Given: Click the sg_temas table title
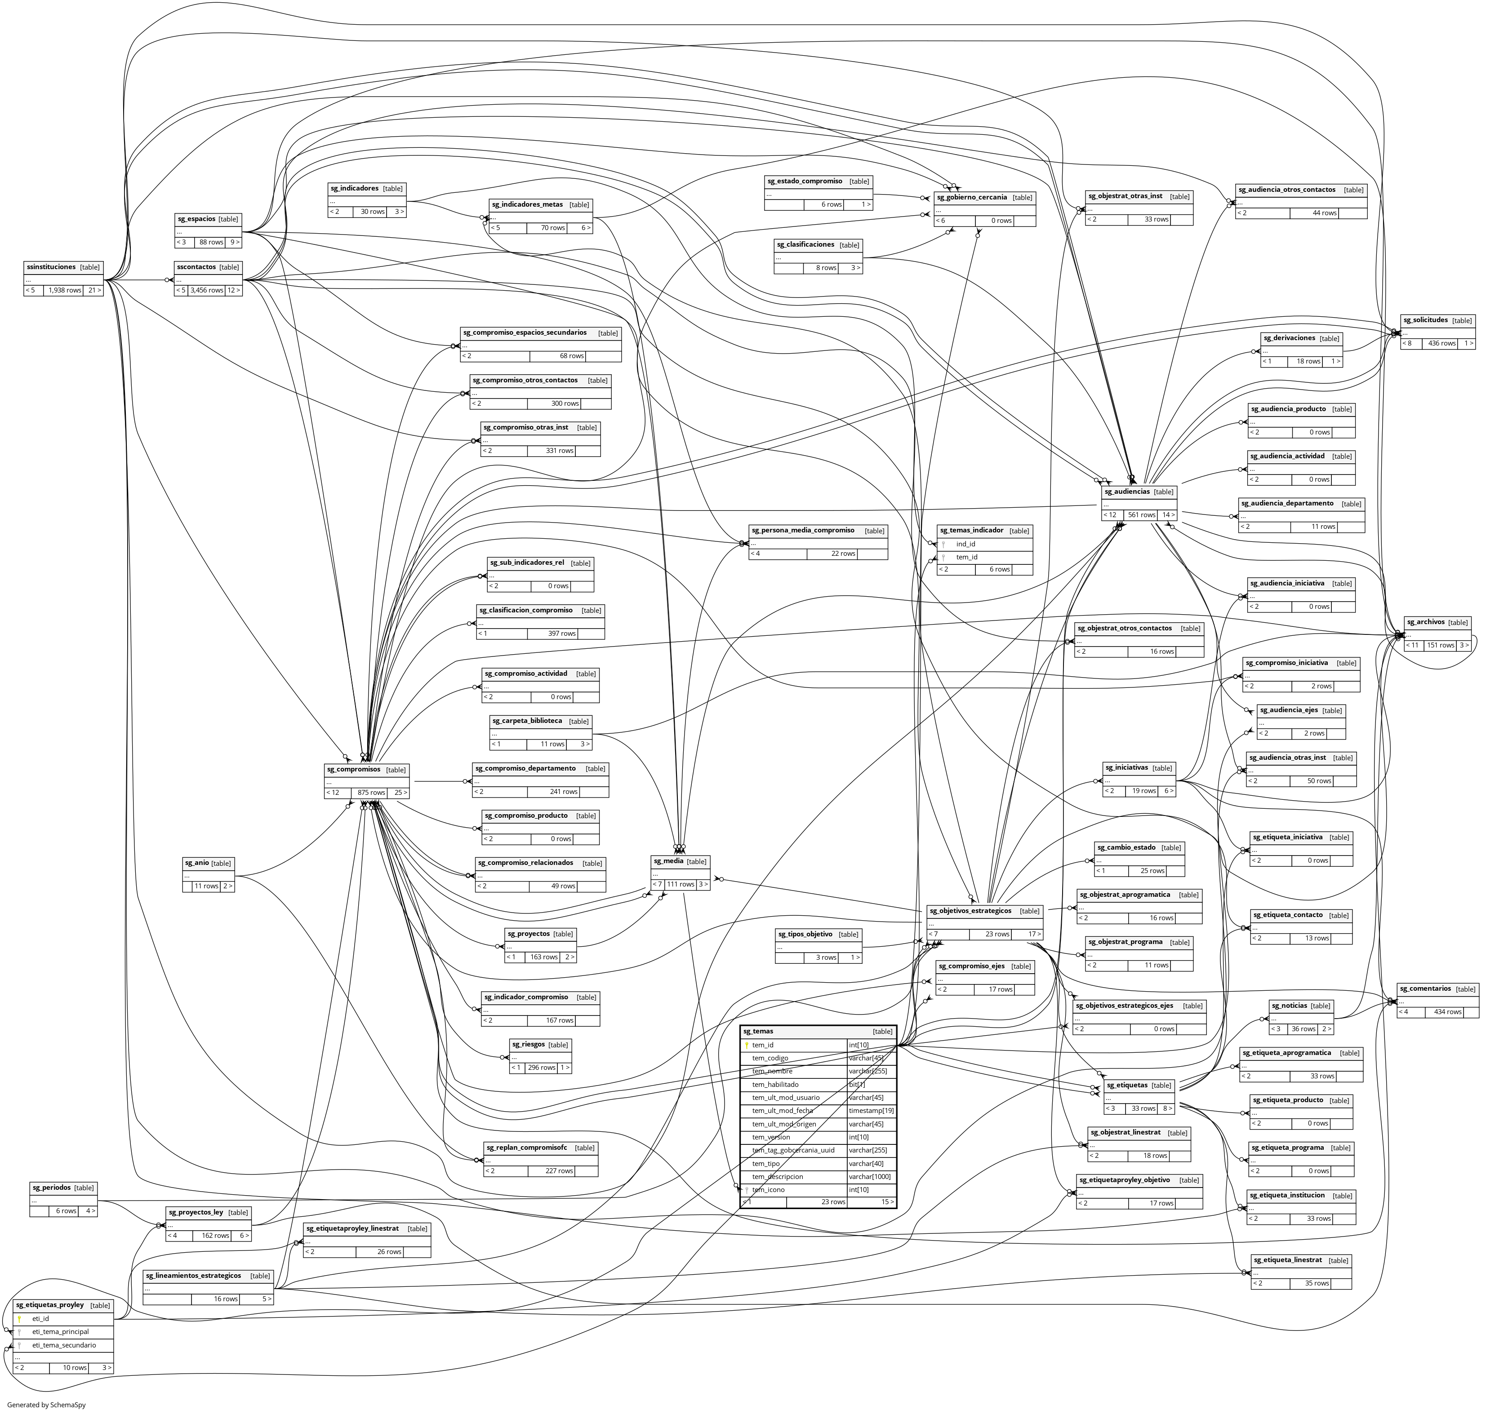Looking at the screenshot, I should click(x=758, y=1031).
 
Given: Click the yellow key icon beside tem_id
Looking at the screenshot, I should click(x=747, y=1046).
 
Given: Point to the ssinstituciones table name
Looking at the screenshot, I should click(x=50, y=267).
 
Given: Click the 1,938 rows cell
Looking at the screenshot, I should click(x=64, y=290).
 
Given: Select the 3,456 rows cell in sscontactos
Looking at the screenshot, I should click(x=207, y=290).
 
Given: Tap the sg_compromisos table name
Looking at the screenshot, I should click(x=354, y=770).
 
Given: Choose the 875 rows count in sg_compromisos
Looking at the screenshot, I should click(x=371, y=793).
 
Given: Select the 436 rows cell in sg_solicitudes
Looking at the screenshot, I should click(x=1442, y=343).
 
